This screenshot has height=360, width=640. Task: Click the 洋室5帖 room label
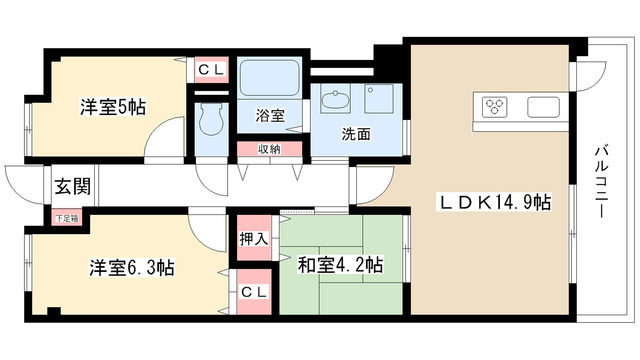coord(113,107)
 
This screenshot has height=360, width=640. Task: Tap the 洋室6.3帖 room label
coord(132,268)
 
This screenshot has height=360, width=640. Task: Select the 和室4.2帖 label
coord(341,264)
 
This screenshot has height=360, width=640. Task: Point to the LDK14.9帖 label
coord(494,202)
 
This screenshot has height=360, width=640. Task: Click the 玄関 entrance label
coord(73,187)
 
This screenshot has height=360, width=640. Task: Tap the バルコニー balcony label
coord(600,182)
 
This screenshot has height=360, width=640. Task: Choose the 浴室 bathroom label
coord(270,116)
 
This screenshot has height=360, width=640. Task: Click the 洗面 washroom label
coord(356,134)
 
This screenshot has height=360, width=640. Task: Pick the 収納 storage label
coord(269,149)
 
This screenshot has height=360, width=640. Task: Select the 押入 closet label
coord(253,239)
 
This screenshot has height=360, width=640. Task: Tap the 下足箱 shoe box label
coord(66,218)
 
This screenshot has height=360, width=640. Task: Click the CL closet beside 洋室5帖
coord(211,70)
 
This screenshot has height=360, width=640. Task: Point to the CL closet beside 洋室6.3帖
coord(254,292)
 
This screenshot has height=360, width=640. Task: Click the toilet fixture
coord(211,119)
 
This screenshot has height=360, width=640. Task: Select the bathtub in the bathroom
coord(269,78)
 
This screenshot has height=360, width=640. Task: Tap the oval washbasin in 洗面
coord(335,99)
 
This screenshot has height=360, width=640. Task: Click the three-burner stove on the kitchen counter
coord(495,107)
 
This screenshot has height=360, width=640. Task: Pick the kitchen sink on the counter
coord(543,107)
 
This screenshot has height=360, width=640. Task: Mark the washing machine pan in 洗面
coord(379,98)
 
